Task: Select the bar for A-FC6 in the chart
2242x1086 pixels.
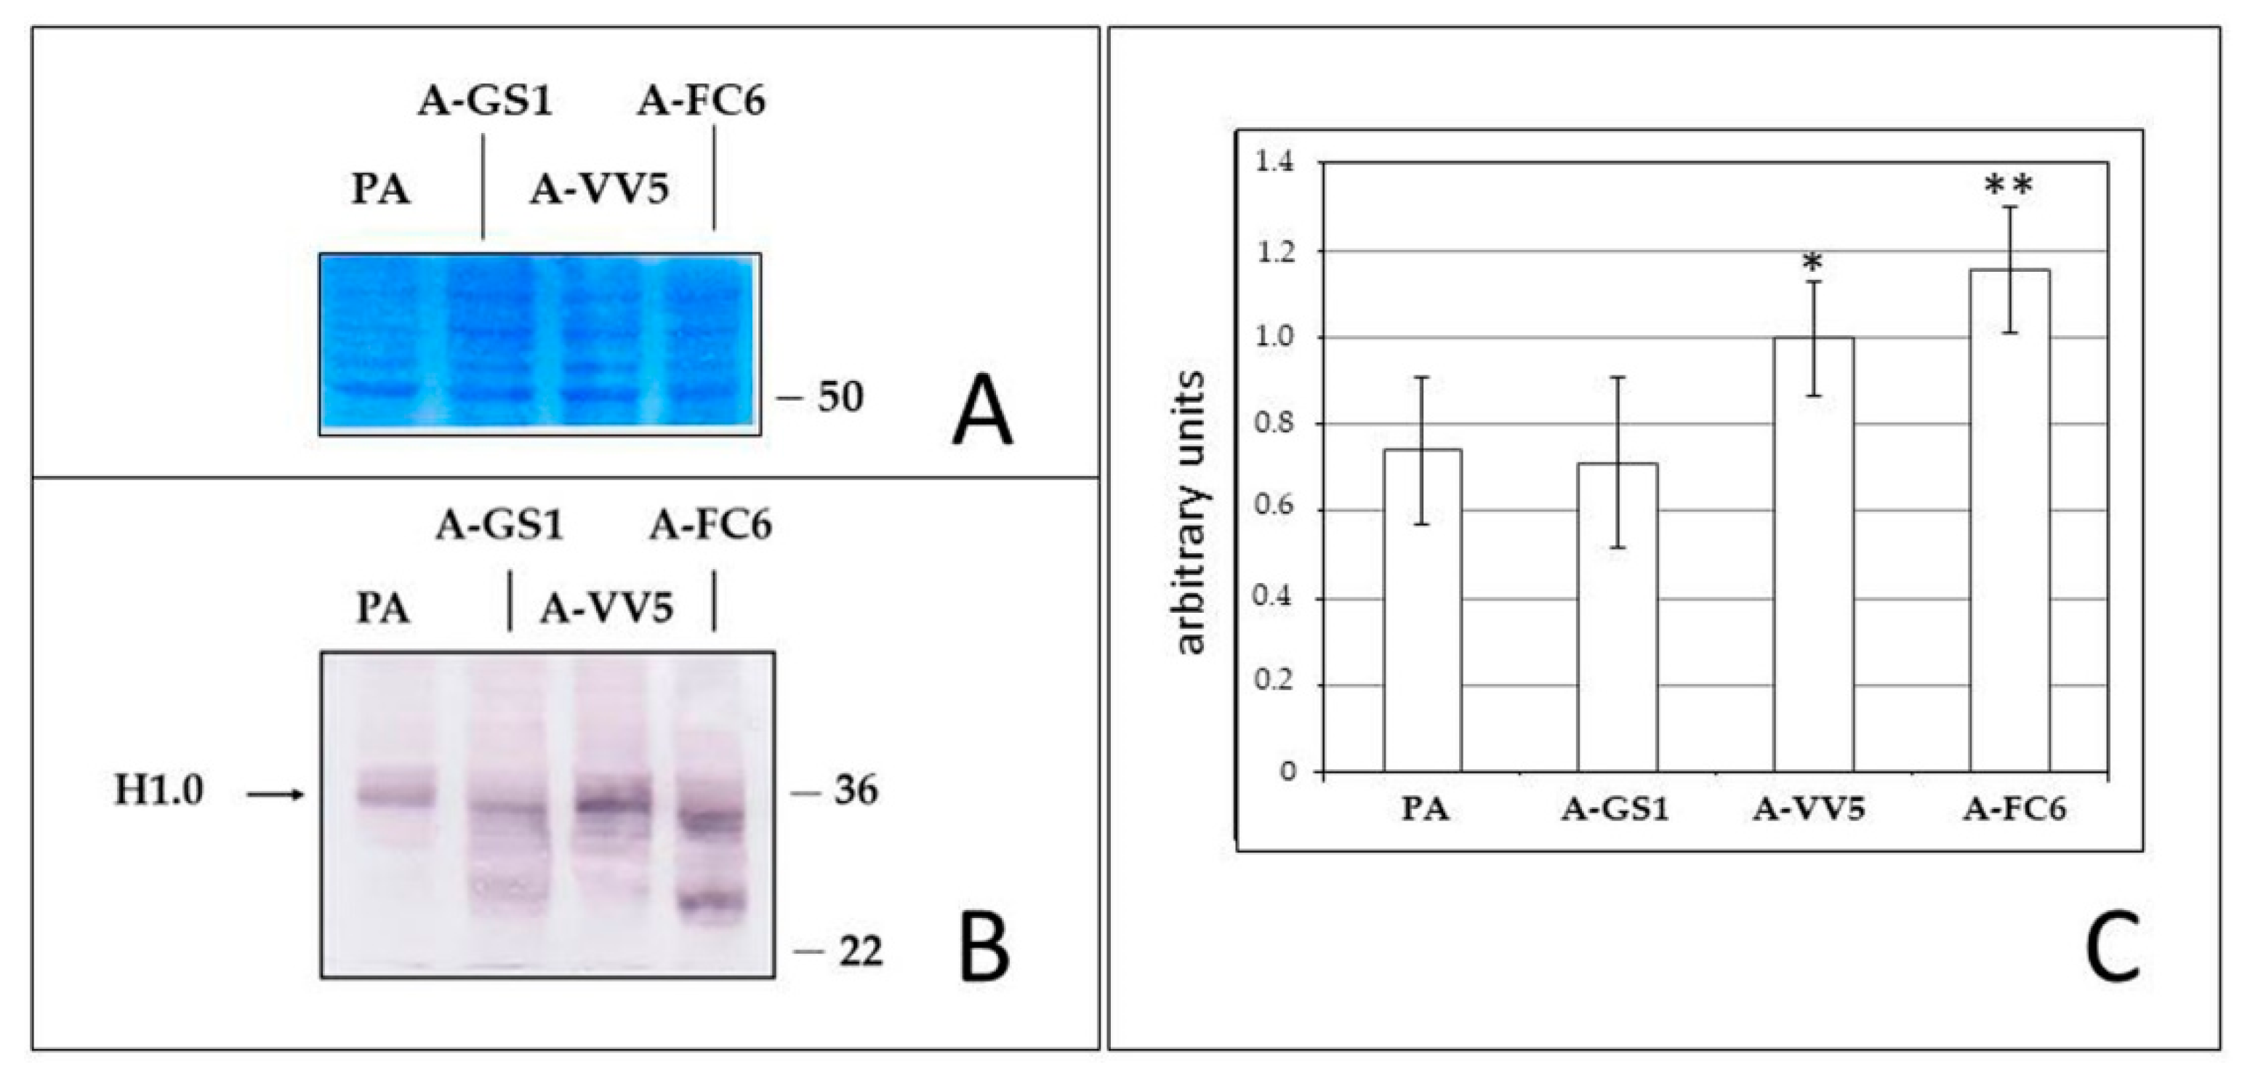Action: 2011,522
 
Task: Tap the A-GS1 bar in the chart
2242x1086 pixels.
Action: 1619,618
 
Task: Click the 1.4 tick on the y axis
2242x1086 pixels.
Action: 1274,164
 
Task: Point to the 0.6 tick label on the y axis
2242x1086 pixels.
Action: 1274,512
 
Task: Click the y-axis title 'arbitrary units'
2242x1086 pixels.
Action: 1191,513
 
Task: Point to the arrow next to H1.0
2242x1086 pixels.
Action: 275,794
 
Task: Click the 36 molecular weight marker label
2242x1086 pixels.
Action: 856,791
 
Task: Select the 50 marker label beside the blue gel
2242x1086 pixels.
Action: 839,398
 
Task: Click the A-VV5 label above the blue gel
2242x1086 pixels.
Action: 600,189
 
